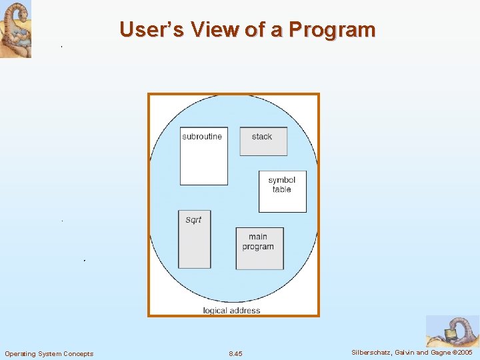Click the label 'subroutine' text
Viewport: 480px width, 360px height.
(202, 137)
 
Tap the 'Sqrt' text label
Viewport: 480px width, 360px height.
(193, 220)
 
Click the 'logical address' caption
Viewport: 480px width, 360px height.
(231, 310)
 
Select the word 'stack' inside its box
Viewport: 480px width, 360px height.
(262, 137)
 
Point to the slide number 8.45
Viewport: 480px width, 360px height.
(235, 353)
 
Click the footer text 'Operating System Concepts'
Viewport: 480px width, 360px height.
(49, 353)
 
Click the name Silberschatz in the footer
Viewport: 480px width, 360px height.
(372, 352)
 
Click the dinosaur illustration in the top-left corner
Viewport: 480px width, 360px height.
(15, 29)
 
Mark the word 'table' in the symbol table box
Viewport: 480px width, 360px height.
(282, 190)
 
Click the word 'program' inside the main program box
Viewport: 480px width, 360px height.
(258, 247)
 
